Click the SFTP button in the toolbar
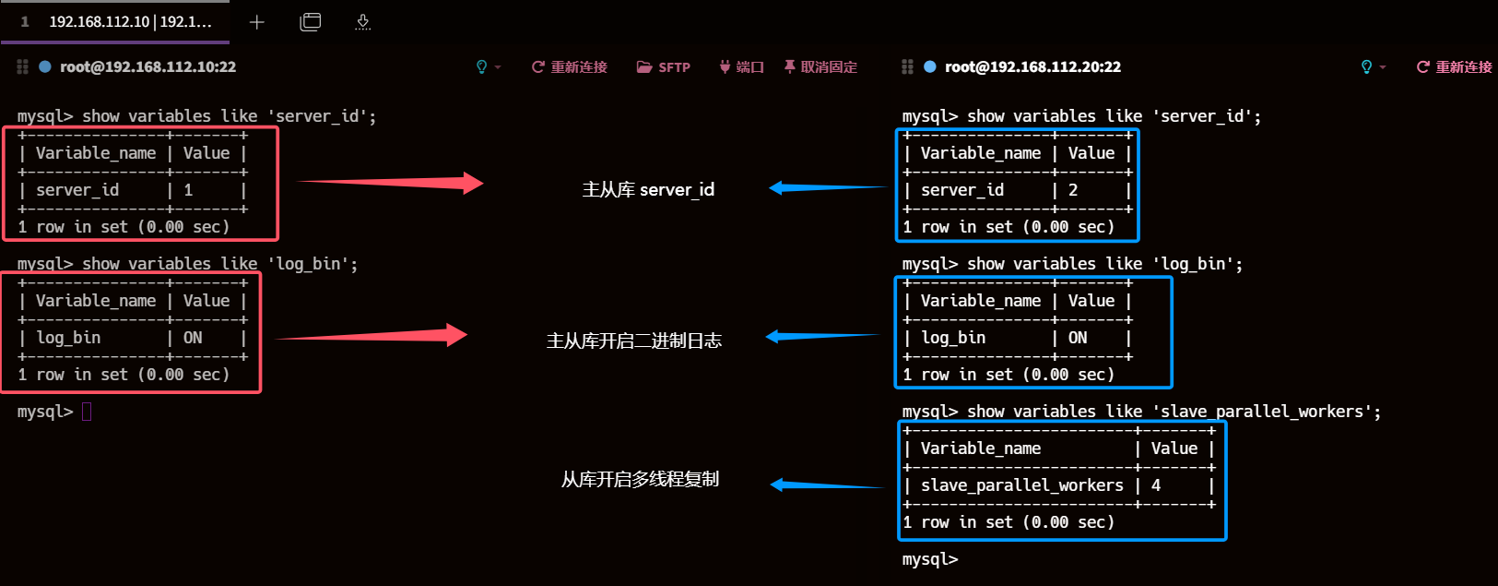click(x=664, y=67)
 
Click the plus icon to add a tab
click(x=257, y=22)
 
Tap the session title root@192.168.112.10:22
click(x=147, y=67)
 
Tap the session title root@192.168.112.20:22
click(x=1032, y=67)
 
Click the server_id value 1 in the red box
click(x=188, y=190)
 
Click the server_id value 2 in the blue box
click(x=1073, y=190)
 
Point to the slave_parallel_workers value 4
click(x=1156, y=485)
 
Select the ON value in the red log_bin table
click(x=193, y=338)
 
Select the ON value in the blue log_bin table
click(x=1078, y=338)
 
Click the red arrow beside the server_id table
click(x=391, y=183)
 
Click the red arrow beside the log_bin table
click(x=372, y=335)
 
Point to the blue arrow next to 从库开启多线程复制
click(x=826, y=484)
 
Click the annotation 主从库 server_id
click(x=648, y=190)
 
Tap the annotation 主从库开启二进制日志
click(x=634, y=341)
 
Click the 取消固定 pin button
click(x=820, y=67)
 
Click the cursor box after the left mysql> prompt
click(x=87, y=412)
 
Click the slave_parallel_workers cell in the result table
click(x=1021, y=485)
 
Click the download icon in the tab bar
click(x=363, y=22)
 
